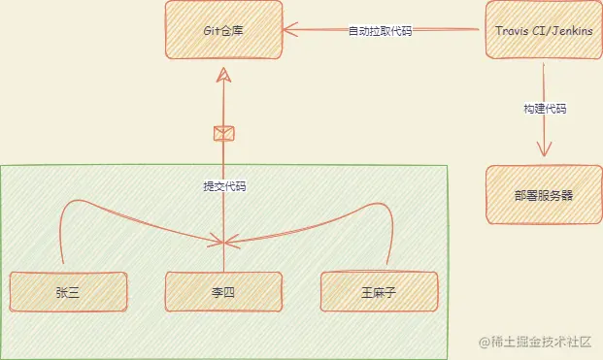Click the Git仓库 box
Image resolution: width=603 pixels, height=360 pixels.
click(223, 30)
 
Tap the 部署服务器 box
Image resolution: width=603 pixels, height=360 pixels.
click(543, 194)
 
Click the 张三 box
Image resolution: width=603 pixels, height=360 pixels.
click(67, 291)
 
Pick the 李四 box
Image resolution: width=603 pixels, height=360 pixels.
click(223, 291)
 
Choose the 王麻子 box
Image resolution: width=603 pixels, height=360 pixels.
click(380, 291)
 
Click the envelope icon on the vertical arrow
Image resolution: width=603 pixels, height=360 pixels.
click(223, 134)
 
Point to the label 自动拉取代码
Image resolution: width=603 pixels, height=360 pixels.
click(380, 31)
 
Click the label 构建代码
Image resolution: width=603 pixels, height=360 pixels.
click(544, 109)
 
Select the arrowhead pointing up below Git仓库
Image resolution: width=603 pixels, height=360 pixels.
click(223, 76)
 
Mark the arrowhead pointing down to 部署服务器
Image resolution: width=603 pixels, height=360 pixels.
click(544, 151)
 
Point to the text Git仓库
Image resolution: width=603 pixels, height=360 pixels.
click(224, 31)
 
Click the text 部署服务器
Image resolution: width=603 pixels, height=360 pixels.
click(544, 194)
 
